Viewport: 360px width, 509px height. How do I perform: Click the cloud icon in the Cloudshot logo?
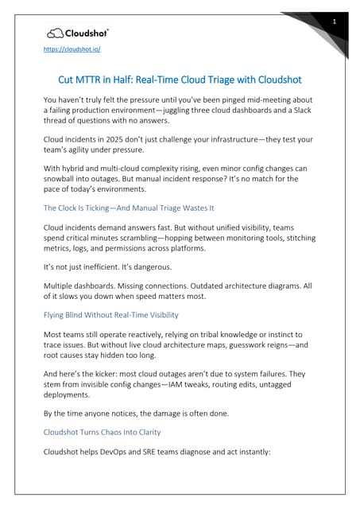(x=56, y=33)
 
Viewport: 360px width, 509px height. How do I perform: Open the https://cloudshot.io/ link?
(x=72, y=49)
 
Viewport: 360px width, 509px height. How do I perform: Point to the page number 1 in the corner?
(x=335, y=21)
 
